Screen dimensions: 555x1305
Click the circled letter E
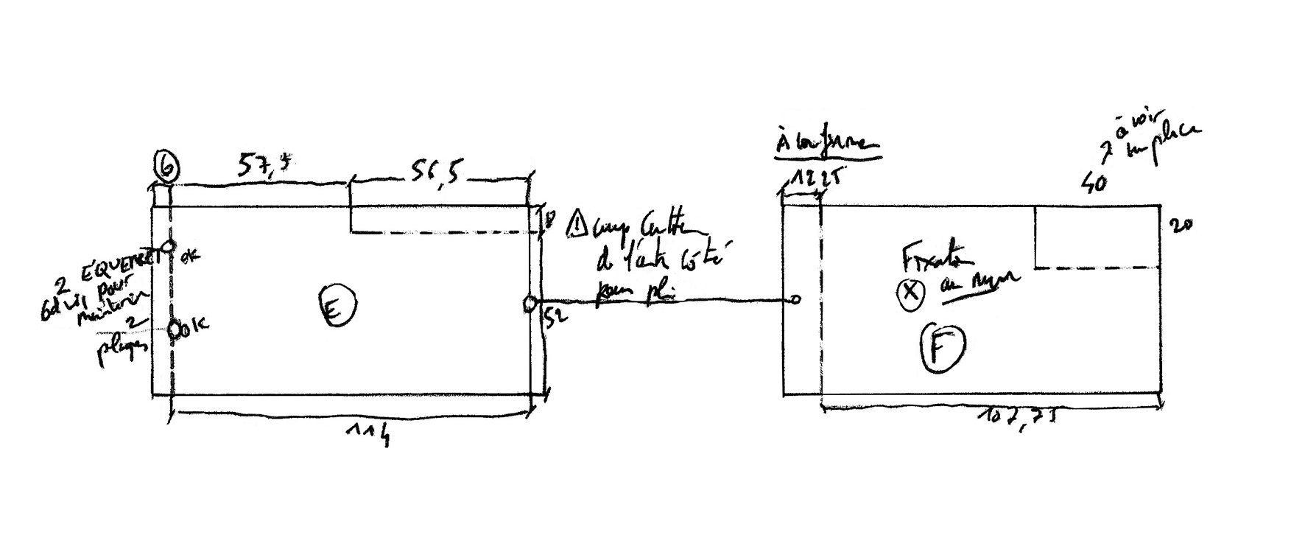[337, 306]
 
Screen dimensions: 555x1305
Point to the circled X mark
[910, 293]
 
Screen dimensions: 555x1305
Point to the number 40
[1094, 182]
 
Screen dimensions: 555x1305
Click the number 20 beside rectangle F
[1181, 225]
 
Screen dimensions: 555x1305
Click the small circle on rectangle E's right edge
[530, 303]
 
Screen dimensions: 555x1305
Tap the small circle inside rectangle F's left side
[795, 299]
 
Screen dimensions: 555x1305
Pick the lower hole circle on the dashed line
[175, 329]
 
